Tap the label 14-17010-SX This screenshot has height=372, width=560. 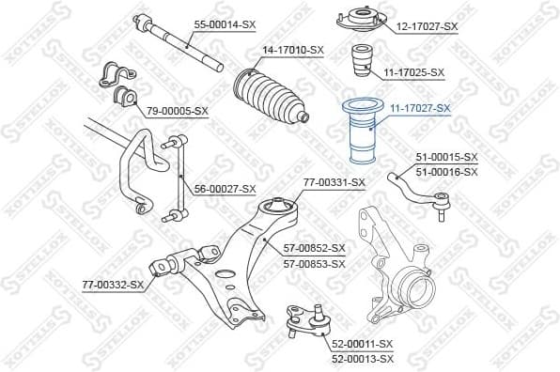[292, 49]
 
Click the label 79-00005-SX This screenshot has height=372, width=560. [177, 112]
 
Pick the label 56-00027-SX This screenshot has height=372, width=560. [225, 189]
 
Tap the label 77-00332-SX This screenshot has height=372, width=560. [112, 284]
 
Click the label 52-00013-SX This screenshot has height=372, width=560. [363, 359]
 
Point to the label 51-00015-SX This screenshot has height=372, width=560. [446, 157]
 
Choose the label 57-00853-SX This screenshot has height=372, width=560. [315, 263]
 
